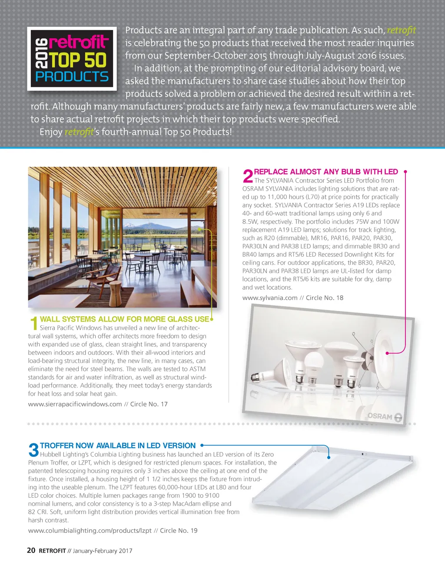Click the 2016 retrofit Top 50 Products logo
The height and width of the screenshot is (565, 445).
72,59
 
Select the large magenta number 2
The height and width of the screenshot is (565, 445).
247,176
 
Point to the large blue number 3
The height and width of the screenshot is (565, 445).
33,450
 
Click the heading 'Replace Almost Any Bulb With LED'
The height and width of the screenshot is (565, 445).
326,172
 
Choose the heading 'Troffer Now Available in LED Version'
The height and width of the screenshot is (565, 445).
118,446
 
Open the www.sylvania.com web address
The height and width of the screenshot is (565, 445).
270,298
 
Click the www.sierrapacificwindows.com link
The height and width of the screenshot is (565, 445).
75,404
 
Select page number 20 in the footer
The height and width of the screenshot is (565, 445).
31,551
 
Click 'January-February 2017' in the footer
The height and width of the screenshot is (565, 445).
103,551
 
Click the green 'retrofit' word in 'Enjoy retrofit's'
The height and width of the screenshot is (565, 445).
79,132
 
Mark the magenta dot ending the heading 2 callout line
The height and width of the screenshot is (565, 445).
405,172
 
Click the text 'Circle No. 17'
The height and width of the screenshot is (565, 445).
149,404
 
